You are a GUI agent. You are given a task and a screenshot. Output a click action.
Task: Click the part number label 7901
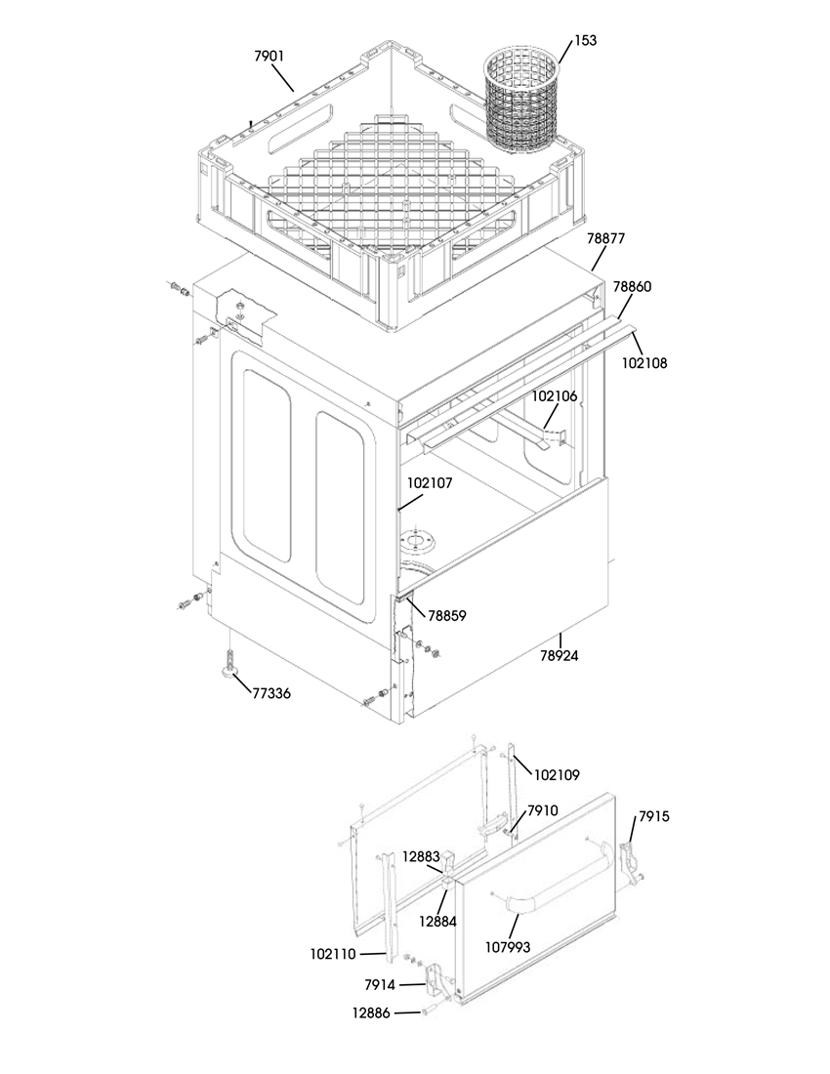(270, 57)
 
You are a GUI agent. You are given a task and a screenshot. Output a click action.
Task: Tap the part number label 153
(585, 40)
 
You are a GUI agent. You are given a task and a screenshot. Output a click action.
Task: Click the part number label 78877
(606, 239)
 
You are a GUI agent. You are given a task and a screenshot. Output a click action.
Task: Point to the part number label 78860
(632, 286)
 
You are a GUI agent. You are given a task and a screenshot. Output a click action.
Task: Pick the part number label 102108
(643, 363)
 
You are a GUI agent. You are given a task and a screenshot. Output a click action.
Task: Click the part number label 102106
(555, 395)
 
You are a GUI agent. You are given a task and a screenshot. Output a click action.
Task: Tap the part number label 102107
(430, 483)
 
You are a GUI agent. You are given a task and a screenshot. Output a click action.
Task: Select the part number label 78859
(446, 616)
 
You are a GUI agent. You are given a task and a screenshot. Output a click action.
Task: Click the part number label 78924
(559, 656)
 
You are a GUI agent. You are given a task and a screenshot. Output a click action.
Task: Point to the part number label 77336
(271, 694)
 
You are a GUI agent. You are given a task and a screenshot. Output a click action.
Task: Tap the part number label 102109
(557, 775)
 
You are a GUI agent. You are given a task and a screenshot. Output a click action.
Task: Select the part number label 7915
(654, 816)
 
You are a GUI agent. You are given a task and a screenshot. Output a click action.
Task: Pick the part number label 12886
(371, 1013)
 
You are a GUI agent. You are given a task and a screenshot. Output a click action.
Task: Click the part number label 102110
(333, 954)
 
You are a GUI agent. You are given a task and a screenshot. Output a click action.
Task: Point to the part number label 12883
(421, 856)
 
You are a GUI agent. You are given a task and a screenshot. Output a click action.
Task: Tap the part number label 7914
(380, 985)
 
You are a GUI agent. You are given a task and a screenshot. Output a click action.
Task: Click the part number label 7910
(542, 811)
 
